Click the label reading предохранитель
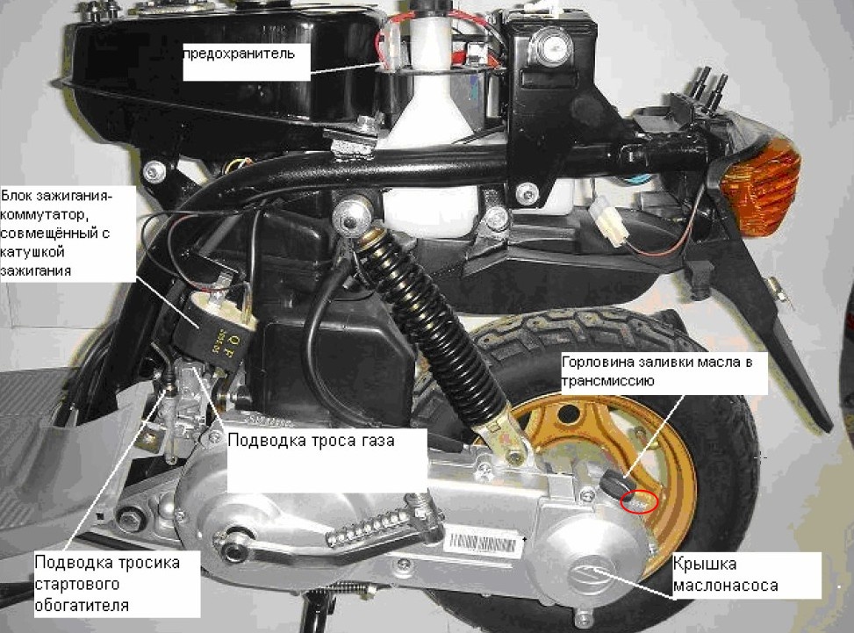click(239, 54)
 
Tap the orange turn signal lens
click(762, 185)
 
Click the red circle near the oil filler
click(639, 501)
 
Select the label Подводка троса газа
click(311, 440)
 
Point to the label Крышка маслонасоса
click(725, 575)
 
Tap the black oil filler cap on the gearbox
click(615, 482)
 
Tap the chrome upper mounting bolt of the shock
click(351, 214)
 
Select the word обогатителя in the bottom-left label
click(82, 605)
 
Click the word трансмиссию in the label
click(607, 381)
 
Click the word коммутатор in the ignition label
click(42, 215)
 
